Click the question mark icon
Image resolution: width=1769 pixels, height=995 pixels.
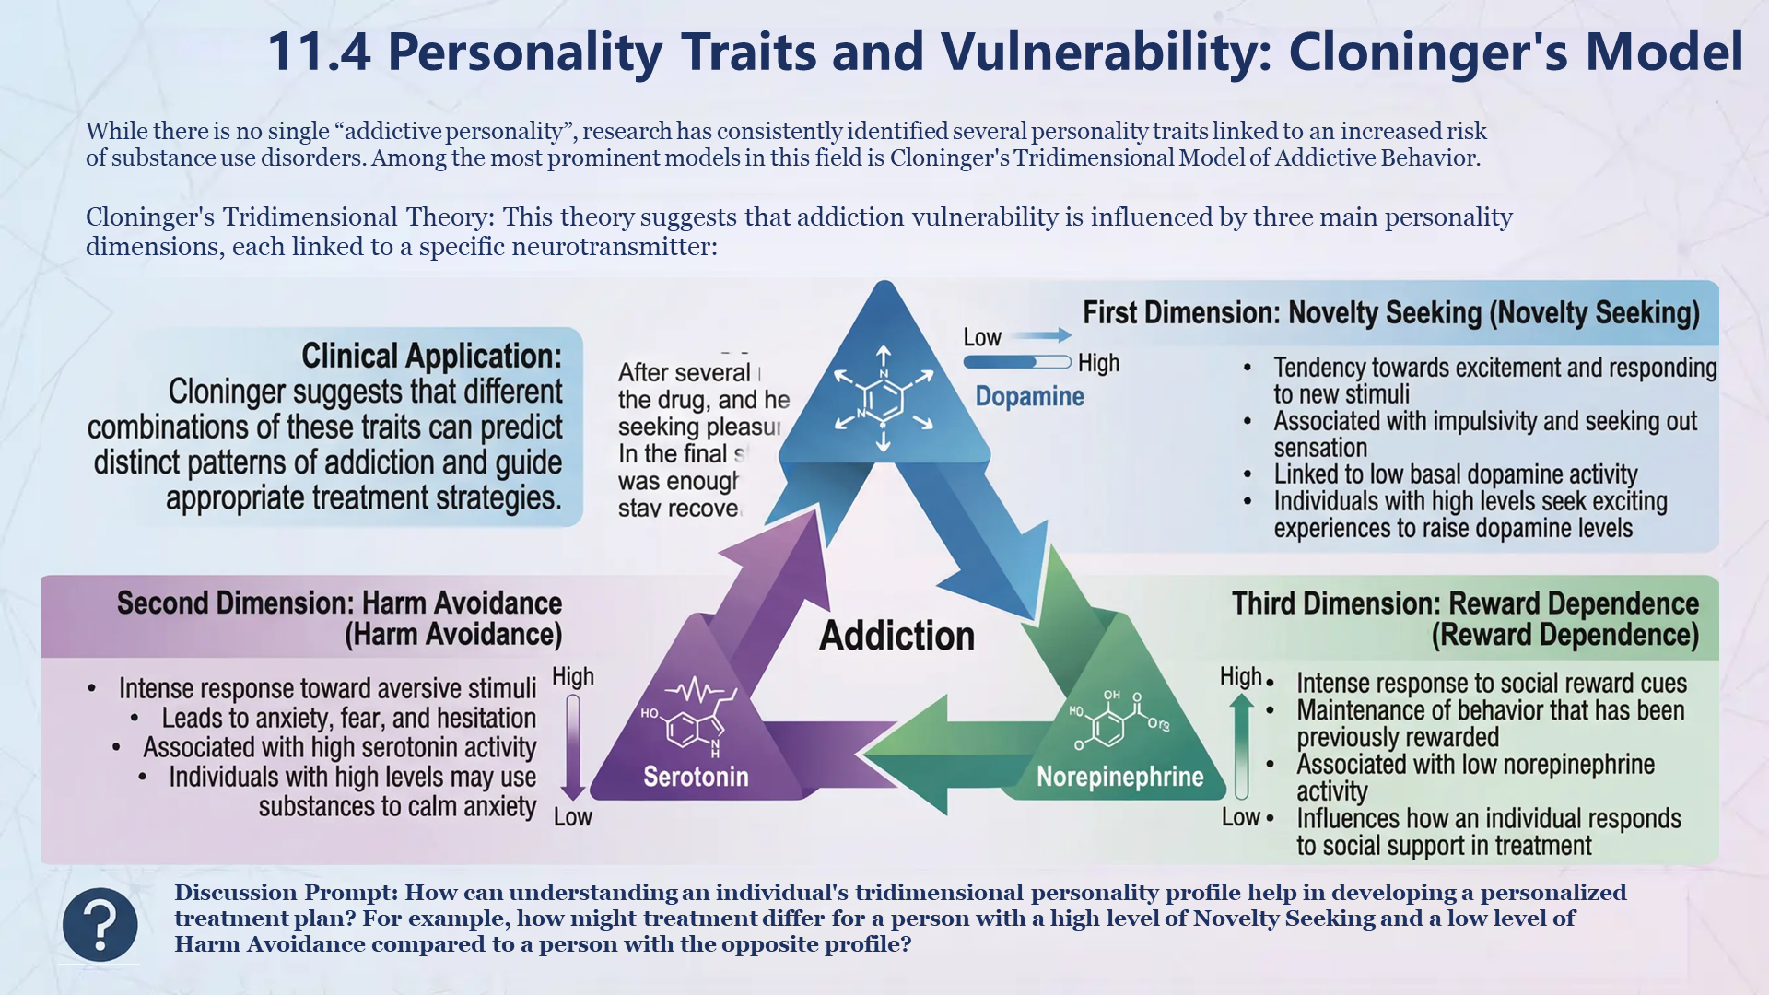(x=100, y=924)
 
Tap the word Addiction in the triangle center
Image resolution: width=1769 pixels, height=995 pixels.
(x=896, y=636)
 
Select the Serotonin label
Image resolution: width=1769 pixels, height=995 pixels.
(x=696, y=777)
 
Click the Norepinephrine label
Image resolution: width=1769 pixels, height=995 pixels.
(x=1119, y=777)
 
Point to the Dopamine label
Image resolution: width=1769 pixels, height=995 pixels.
(x=1029, y=396)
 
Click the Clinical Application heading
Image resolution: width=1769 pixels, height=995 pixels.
(x=431, y=356)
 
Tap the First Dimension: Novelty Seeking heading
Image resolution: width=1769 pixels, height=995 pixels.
(x=1390, y=313)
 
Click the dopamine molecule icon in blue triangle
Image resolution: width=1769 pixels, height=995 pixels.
(x=883, y=399)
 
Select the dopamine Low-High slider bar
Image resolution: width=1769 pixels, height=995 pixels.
(x=1016, y=362)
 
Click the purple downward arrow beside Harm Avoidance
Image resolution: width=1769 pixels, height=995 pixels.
(x=573, y=747)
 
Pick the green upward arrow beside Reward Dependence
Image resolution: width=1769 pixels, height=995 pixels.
(x=1241, y=747)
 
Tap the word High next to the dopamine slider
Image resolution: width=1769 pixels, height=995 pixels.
(x=1098, y=363)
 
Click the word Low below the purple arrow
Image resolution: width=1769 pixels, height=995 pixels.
(x=572, y=817)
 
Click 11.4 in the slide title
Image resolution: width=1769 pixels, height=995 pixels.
(x=319, y=52)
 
